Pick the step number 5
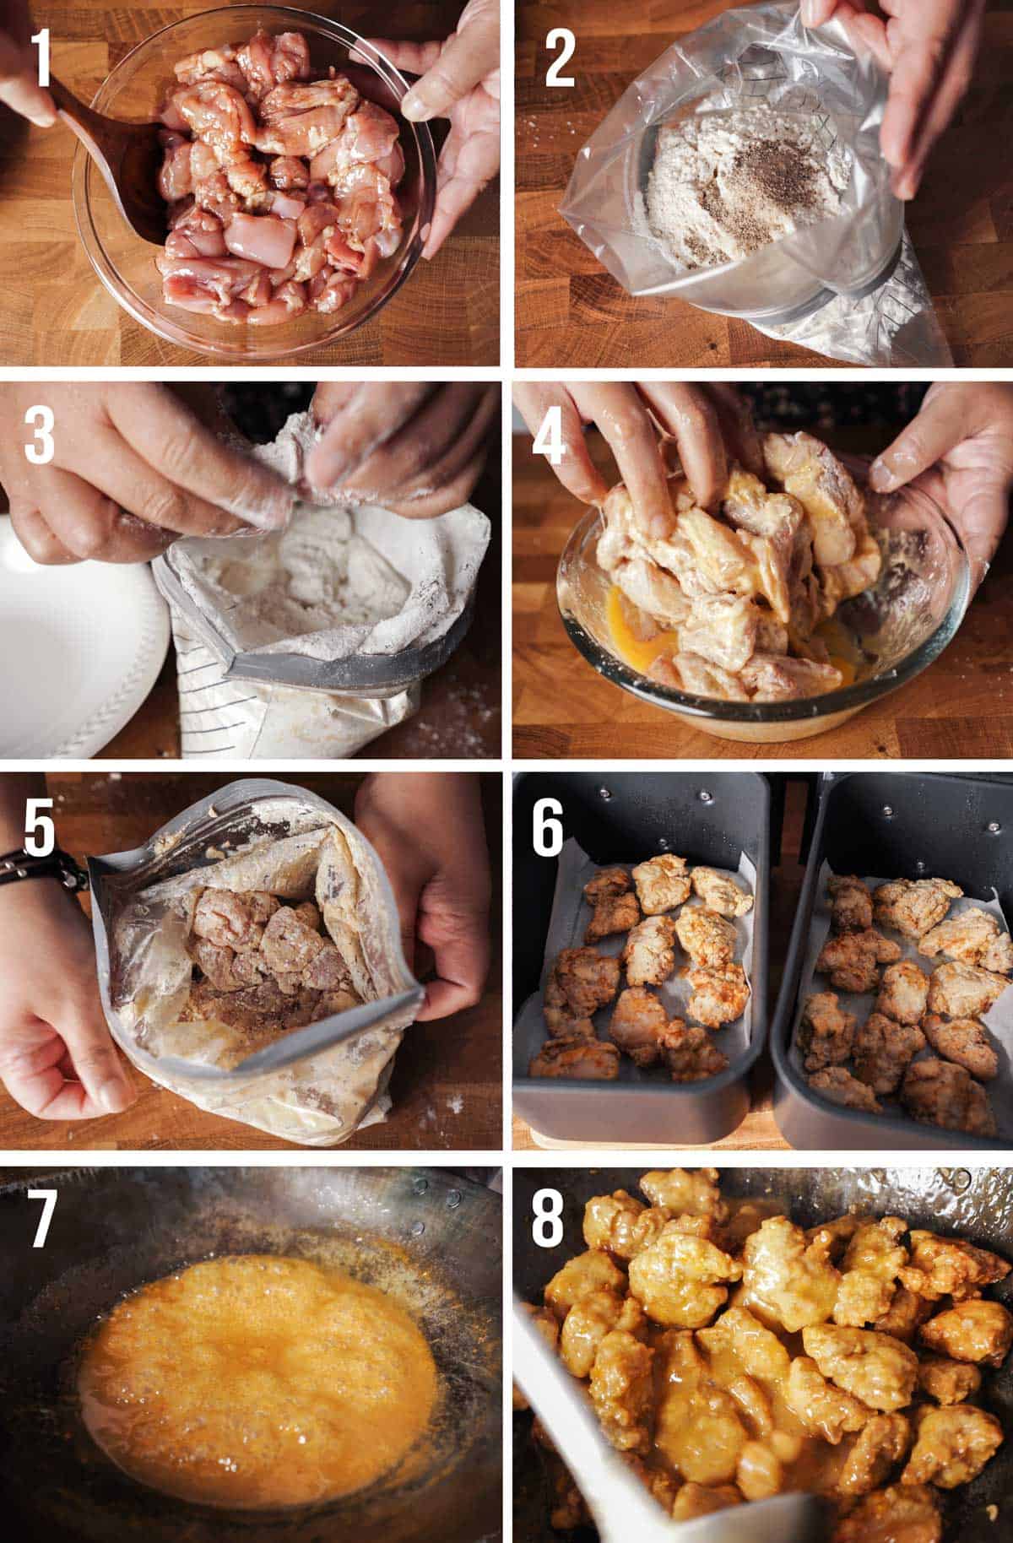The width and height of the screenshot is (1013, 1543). [x=39, y=829]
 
